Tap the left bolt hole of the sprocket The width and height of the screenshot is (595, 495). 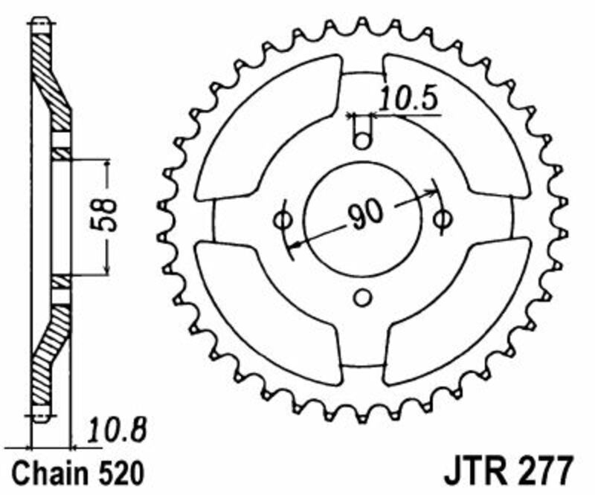coord(283,220)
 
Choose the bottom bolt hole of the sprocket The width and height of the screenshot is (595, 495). coord(362,299)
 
